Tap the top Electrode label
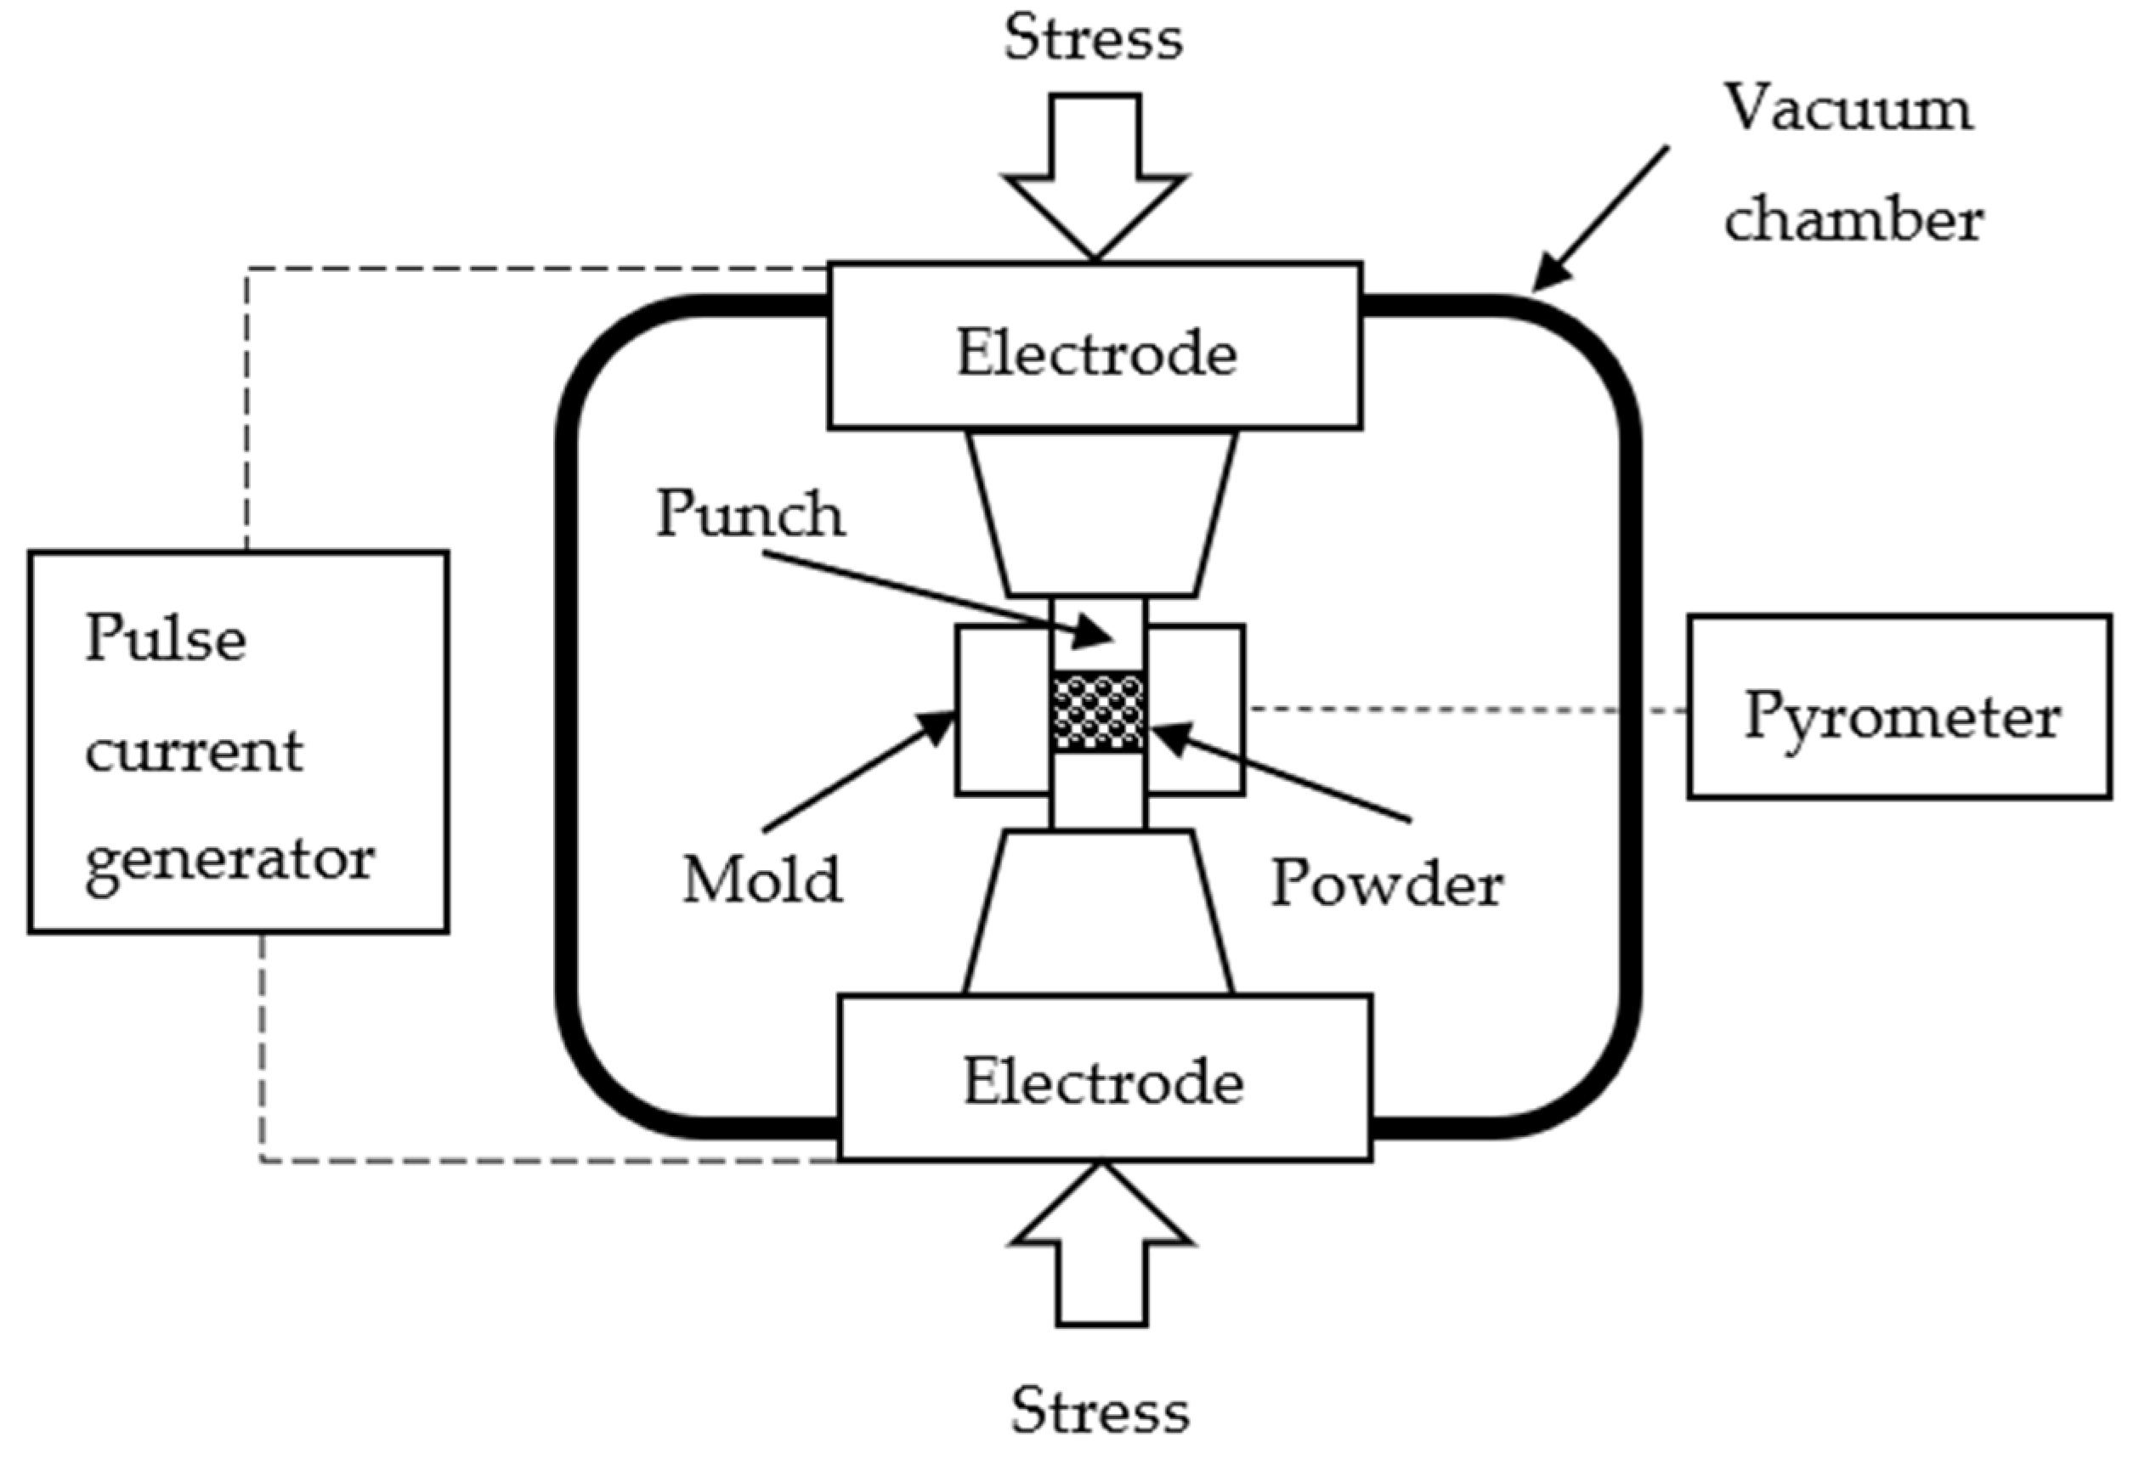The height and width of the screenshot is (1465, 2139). (1095, 354)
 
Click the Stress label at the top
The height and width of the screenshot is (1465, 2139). (1093, 38)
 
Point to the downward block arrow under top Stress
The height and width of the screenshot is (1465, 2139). (1095, 175)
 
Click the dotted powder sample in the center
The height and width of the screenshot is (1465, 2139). (1099, 711)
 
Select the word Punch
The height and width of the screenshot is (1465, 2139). (750, 513)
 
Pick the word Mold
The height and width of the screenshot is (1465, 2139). (761, 880)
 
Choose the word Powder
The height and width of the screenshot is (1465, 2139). (1386, 885)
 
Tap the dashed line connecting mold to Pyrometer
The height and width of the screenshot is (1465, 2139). (1463, 710)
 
